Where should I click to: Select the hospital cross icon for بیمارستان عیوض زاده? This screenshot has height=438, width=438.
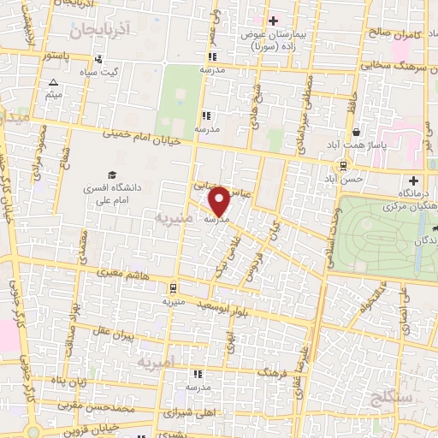273,21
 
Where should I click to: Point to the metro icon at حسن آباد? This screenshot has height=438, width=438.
342,166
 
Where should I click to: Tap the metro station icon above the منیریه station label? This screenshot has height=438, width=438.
173,288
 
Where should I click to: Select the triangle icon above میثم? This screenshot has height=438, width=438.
53,83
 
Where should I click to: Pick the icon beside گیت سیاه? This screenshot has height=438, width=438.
99,60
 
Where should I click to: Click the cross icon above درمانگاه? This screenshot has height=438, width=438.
413,181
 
